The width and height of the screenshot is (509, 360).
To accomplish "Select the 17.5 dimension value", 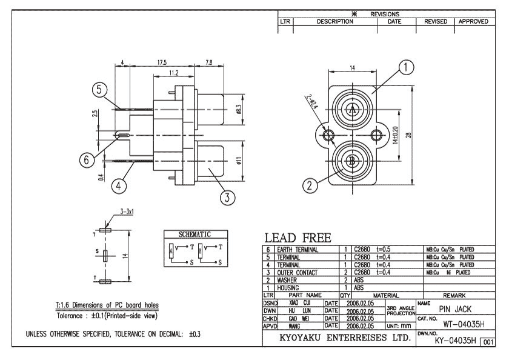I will coord(162,62).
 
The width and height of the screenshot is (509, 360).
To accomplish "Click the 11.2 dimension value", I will coord(172,73).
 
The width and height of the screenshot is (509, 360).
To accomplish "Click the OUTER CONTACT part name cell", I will coord(297,270).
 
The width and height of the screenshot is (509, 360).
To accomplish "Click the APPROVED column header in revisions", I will coord(473,21).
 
